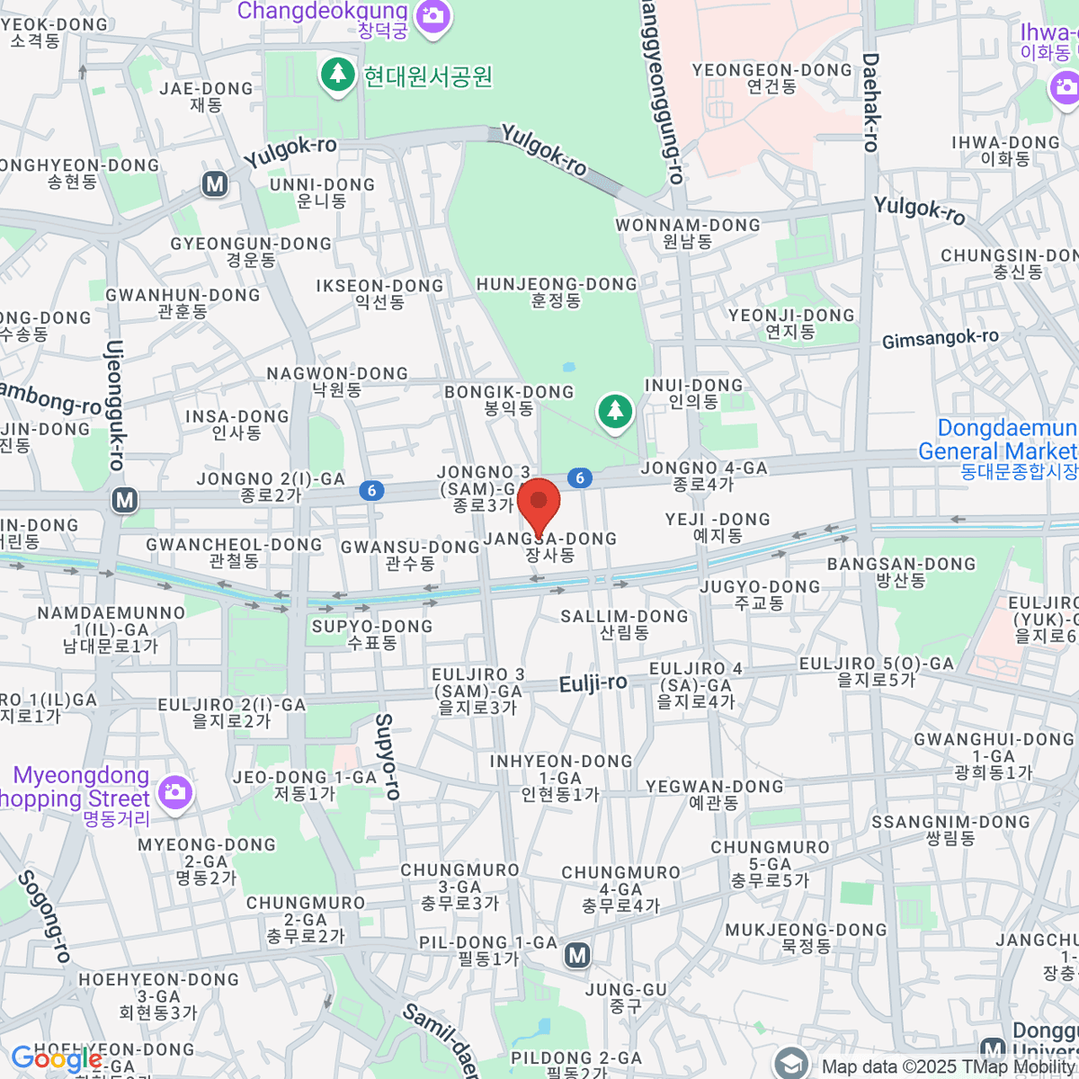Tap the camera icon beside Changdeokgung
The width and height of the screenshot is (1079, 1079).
[433, 16]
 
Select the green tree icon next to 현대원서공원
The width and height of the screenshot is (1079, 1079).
[338, 74]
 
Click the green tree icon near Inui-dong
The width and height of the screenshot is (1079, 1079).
[615, 412]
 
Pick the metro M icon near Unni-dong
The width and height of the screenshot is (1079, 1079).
[214, 184]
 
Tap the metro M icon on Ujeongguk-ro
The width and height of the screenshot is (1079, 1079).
[125, 500]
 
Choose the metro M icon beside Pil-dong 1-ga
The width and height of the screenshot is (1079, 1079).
[577, 955]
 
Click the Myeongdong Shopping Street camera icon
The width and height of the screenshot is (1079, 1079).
[174, 792]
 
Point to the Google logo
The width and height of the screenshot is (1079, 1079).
[56, 1059]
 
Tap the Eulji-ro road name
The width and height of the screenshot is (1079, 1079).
[593, 683]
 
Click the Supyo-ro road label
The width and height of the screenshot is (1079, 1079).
[387, 756]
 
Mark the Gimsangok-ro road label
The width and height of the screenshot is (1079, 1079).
[940, 339]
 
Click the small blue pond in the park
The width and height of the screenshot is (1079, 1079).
[568, 367]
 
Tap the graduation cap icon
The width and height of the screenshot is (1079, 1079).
[791, 1064]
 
